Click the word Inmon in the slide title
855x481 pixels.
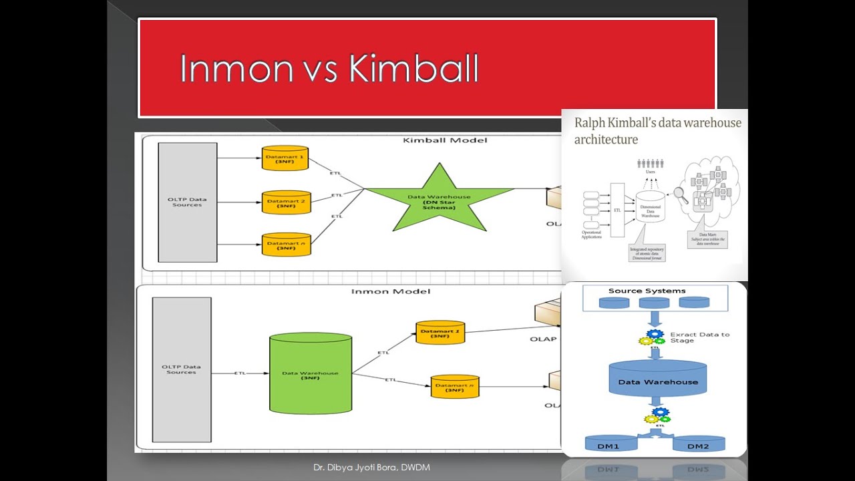236,69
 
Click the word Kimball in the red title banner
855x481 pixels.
414,69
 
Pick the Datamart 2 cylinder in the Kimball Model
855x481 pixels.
286,202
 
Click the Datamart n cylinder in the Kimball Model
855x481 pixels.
286,245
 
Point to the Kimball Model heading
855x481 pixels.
445,140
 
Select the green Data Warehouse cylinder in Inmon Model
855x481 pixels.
310,374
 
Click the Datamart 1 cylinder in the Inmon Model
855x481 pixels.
440,332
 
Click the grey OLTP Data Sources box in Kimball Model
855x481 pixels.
187,202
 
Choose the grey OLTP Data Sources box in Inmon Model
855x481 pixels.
182,369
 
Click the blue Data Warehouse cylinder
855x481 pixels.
657,381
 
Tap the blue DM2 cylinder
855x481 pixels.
698,444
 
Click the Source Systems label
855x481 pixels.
647,291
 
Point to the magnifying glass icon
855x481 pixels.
681,195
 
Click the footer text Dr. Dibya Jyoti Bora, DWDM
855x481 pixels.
371,468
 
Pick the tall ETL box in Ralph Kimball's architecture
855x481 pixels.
617,210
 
